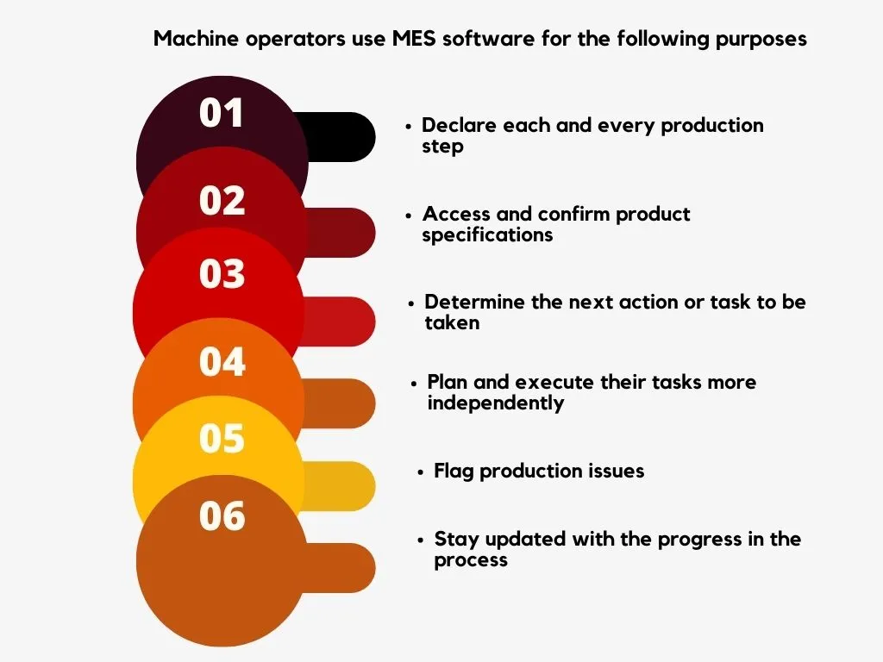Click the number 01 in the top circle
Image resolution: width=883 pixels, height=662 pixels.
tap(222, 113)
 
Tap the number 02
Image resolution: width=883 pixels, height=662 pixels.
tap(222, 200)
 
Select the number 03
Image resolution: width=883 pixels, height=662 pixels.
tap(222, 273)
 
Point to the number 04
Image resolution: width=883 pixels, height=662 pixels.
tap(222, 361)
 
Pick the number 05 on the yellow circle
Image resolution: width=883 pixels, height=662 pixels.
tap(222, 438)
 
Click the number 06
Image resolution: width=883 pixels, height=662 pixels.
tap(222, 515)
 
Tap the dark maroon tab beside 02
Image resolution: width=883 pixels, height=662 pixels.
tap(341, 233)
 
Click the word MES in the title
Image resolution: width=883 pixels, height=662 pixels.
tap(414, 39)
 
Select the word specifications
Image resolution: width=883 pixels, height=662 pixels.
tap(488, 235)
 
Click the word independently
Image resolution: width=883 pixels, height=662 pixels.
tap(496, 403)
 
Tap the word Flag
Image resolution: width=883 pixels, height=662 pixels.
tap(454, 472)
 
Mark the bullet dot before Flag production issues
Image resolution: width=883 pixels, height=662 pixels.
tap(420, 472)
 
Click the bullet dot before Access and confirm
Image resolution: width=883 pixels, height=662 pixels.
tap(409, 215)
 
